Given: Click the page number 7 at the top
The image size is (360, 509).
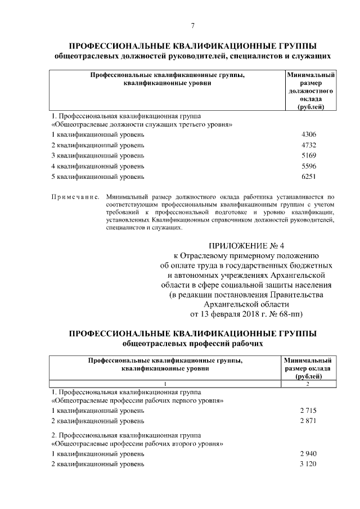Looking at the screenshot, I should pos(192,26).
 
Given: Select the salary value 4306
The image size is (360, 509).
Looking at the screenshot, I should pos(309,134).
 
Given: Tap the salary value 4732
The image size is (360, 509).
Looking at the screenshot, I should pos(309,145).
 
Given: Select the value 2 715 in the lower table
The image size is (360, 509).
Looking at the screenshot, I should pos(308,411).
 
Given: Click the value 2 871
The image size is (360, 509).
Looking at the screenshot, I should pos(308,421).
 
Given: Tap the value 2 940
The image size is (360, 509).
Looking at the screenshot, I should pos(308,453).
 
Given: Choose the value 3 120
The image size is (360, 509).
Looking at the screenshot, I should pos(308,464).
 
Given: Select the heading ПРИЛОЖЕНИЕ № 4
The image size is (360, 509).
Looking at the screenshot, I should pos(247,245).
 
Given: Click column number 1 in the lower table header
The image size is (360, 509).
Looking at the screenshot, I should pos(165,384).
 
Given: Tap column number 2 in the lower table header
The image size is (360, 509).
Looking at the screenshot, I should pos(308,384).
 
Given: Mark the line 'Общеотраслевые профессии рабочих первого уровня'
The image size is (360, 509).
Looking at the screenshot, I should pos(138,400).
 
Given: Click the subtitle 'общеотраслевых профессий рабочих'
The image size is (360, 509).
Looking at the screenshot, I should pos(192,343).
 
